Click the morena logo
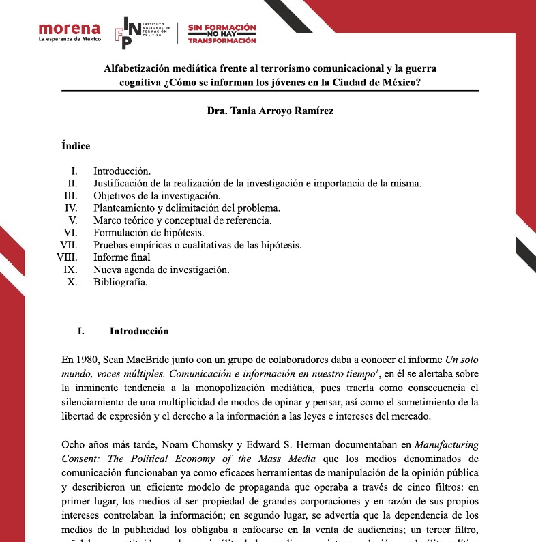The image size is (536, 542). pos(70,29)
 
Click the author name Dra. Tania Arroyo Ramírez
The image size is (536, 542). pos(270,111)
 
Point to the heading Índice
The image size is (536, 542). pos(76,146)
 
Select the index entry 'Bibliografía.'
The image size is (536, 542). pos(121,282)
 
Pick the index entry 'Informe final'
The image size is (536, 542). pos(122,257)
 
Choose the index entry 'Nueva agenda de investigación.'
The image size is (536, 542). pos(161,270)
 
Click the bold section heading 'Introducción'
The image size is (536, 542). pos(139,332)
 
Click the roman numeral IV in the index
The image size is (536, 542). pos(71,208)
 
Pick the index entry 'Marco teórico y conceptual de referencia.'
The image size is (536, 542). pos(182,220)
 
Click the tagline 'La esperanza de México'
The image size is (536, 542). pos(70,39)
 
